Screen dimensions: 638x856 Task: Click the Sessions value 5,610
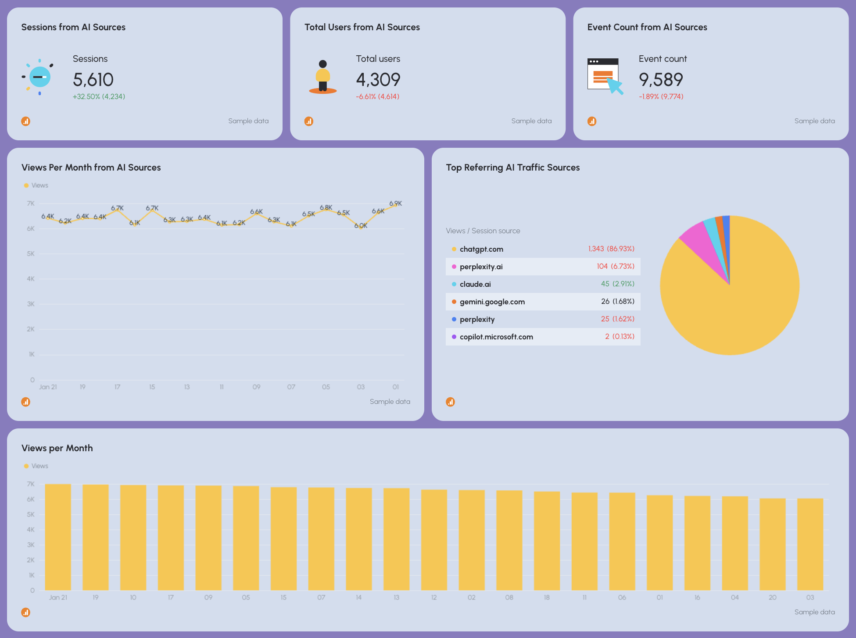93,80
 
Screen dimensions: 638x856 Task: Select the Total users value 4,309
378,80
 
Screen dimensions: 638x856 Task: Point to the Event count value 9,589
661,80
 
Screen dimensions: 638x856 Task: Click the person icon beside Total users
323,77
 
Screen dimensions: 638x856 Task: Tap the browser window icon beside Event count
604,75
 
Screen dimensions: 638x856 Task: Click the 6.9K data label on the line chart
395,203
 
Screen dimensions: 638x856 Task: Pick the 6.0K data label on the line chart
361,226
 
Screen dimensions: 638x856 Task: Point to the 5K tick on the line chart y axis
31,254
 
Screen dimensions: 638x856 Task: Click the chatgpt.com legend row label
481,249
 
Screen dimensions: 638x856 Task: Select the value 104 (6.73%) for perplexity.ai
615,267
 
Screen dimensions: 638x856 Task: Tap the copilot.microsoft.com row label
496,337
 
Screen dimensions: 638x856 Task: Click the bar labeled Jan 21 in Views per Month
58,537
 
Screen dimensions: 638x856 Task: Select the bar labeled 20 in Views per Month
772,544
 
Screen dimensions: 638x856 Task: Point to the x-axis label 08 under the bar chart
509,597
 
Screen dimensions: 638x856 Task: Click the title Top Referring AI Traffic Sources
512,168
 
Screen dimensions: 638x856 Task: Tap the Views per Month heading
57,448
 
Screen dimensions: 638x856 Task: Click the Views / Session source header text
483,231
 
